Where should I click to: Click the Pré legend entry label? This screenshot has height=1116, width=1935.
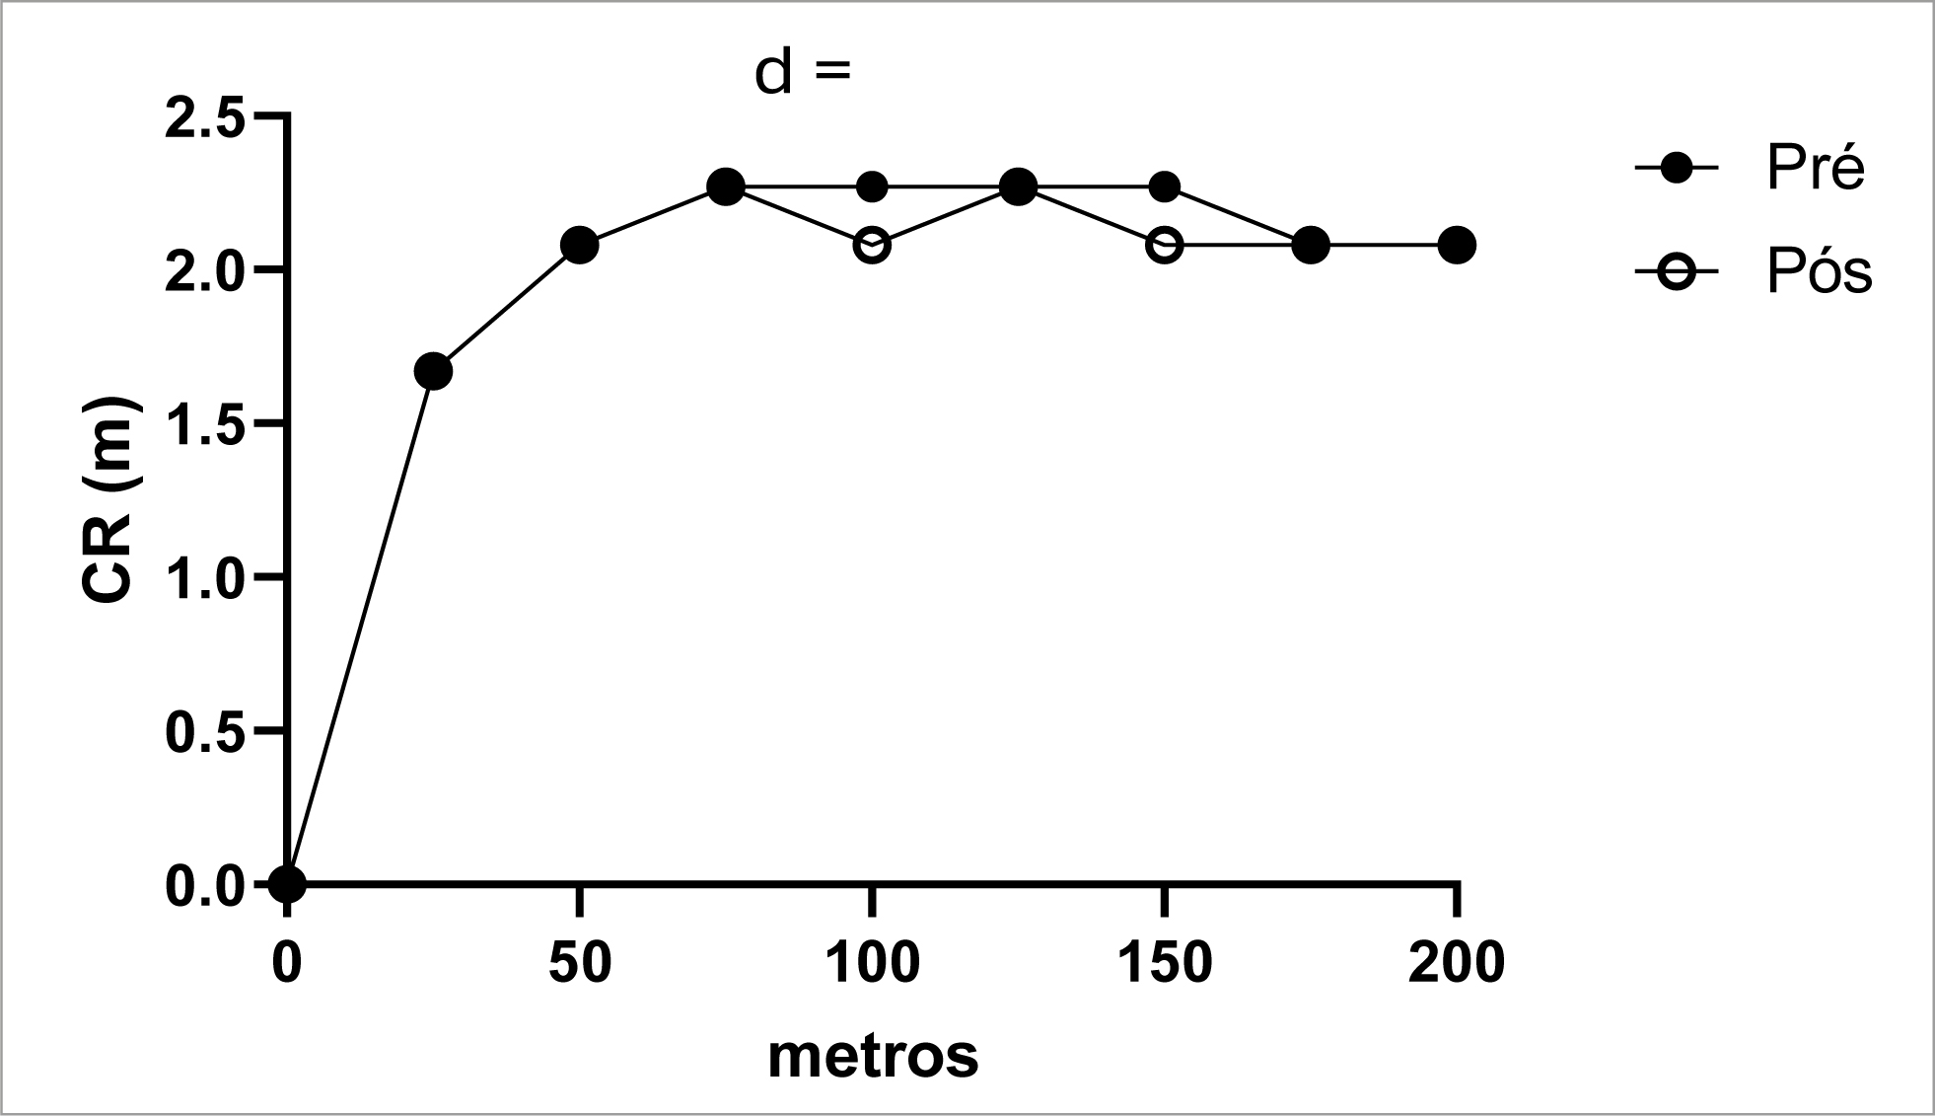coord(1816,169)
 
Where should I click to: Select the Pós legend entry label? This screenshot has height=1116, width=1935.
coord(1819,272)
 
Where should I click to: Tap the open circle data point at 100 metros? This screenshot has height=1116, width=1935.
coord(872,245)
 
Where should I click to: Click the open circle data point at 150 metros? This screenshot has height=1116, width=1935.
coord(1165,245)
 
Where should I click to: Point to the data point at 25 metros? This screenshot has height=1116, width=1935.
coord(433,372)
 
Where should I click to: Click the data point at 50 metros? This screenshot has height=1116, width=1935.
coord(580,245)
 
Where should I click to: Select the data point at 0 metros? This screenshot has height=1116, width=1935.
coord(287,883)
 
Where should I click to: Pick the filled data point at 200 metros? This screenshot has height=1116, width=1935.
coord(1457,245)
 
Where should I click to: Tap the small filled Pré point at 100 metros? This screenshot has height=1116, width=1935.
coord(872,186)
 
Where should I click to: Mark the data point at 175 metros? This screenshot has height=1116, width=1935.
coord(1310,245)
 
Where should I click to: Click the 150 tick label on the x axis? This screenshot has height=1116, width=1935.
coord(1165,962)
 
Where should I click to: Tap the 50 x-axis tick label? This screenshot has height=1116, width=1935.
coord(580,962)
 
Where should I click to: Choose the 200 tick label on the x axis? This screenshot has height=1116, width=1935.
coord(1456,962)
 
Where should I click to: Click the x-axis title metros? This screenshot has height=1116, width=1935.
coord(873,1055)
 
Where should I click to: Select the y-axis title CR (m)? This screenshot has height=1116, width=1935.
coord(107,500)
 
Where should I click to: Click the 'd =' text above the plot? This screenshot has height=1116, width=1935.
coord(801,72)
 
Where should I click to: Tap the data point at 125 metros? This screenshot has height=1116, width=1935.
coord(1018,186)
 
